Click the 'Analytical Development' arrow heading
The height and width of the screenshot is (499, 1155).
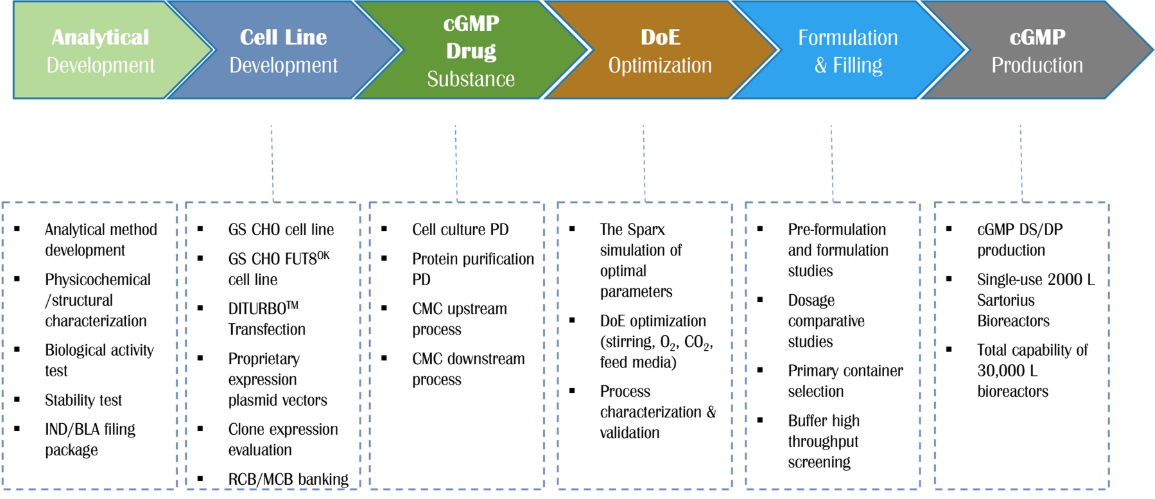tap(100, 51)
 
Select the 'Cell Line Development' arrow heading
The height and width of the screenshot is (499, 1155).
tap(283, 51)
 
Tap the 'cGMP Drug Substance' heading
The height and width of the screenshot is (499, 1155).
tap(471, 51)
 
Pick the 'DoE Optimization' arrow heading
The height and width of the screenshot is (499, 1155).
tap(660, 51)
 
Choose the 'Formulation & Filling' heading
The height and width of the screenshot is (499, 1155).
tap(847, 51)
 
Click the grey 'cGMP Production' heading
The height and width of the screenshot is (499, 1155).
tap(1037, 51)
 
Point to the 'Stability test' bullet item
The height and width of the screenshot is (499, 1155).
tap(83, 400)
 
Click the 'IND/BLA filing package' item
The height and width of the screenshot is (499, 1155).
tap(90, 439)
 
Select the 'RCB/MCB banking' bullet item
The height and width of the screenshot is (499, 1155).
tap(288, 479)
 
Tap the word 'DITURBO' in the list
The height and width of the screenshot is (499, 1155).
tap(257, 309)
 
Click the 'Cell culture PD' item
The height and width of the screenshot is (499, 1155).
tap(460, 229)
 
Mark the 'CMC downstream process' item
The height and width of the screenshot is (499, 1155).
tap(468, 369)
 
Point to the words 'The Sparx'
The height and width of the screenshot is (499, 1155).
tap(632, 229)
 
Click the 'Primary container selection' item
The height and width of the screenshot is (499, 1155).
tap(845, 381)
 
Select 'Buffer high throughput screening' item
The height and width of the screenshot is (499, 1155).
tap(824, 441)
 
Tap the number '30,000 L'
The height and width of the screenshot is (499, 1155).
tap(1007, 371)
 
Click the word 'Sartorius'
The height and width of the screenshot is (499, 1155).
tap(1005, 300)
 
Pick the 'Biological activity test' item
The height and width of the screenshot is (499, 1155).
tap(99, 360)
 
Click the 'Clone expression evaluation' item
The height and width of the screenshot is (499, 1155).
tap(282, 439)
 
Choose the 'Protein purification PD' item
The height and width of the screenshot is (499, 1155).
tap(473, 268)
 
